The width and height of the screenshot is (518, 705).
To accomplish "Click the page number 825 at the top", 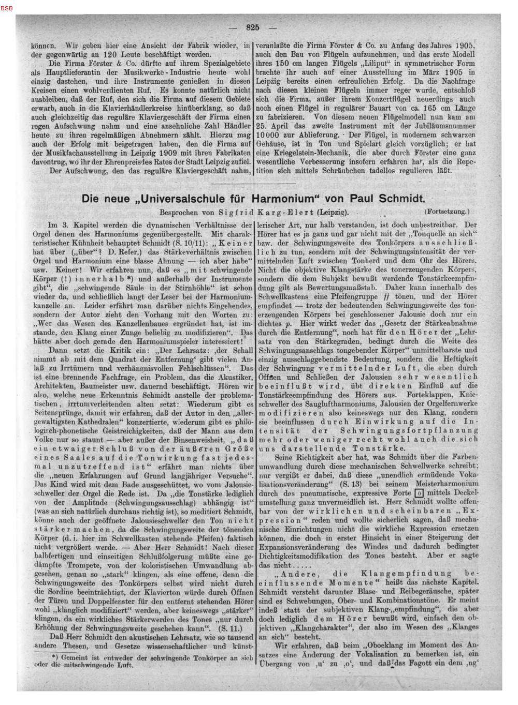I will [253, 27].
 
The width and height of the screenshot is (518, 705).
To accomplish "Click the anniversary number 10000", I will [271, 134].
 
